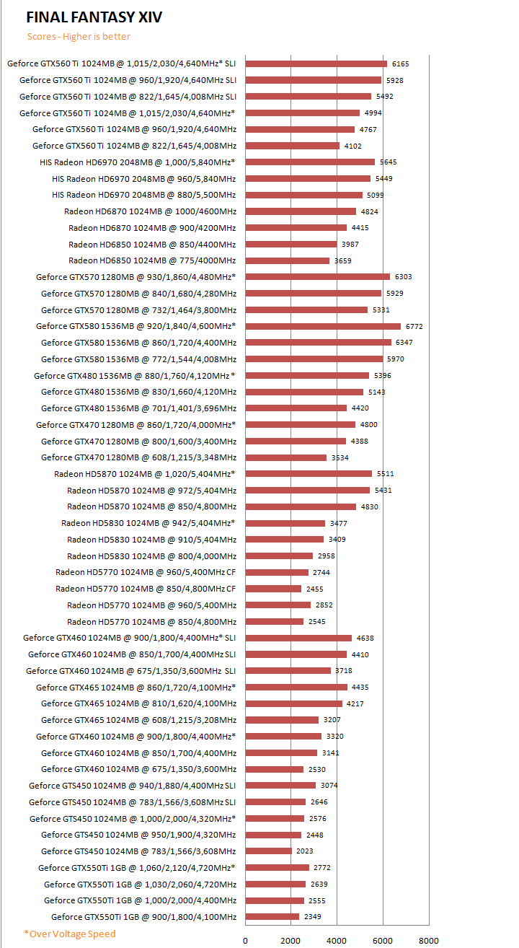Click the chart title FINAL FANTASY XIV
(x=94, y=17)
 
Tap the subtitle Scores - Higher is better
(x=79, y=37)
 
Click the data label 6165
(x=401, y=63)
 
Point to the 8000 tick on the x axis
(x=428, y=940)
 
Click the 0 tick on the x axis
(x=245, y=940)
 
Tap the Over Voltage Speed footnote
(x=69, y=934)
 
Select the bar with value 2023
(x=269, y=851)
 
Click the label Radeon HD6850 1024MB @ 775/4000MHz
(x=152, y=260)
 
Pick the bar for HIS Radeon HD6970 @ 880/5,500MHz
(x=303, y=195)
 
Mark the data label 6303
(x=404, y=277)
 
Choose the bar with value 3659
(x=288, y=260)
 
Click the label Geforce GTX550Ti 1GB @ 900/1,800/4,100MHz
(x=143, y=917)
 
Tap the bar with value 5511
(x=309, y=474)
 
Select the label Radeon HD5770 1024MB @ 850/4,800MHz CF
(x=146, y=589)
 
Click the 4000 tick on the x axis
(x=337, y=940)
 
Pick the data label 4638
(x=365, y=638)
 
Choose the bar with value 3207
(x=282, y=720)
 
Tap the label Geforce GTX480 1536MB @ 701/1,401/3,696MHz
(x=138, y=408)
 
